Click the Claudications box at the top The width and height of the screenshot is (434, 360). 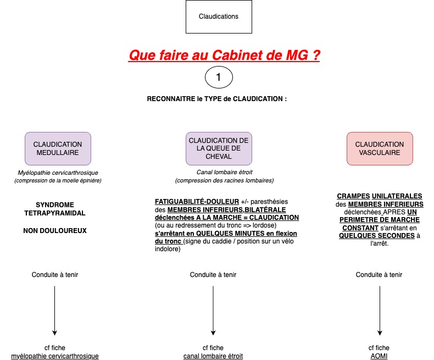pos(219,16)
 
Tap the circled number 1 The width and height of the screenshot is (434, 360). pos(219,77)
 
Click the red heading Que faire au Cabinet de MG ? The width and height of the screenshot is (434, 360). pos(224,55)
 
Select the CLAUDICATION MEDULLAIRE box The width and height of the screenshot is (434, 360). pos(58,149)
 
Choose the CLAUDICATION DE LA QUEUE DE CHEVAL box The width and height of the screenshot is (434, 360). pos(219,149)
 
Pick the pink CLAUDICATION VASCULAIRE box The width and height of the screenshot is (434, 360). pos(380,149)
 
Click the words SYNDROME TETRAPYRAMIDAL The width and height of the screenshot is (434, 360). pos(55,209)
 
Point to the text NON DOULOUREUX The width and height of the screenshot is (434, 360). pos(55,231)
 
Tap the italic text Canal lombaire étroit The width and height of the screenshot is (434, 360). pos(225,172)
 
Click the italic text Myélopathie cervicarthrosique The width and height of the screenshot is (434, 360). pos(58,173)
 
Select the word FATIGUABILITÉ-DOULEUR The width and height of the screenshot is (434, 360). pos(197,202)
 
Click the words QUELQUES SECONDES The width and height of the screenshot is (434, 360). pos(377,236)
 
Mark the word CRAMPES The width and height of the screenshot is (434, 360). pos(353,196)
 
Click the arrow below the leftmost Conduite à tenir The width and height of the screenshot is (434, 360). pos(55,311)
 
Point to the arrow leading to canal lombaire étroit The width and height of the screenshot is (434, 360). pos(213,311)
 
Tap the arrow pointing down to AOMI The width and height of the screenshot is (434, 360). pos(380,311)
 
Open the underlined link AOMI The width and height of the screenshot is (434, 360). pos(379,356)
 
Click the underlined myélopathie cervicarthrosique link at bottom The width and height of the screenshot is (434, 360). pos(55,356)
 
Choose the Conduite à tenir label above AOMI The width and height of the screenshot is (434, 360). pos(379,275)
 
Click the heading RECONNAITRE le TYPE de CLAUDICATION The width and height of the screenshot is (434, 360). pos(216,99)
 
